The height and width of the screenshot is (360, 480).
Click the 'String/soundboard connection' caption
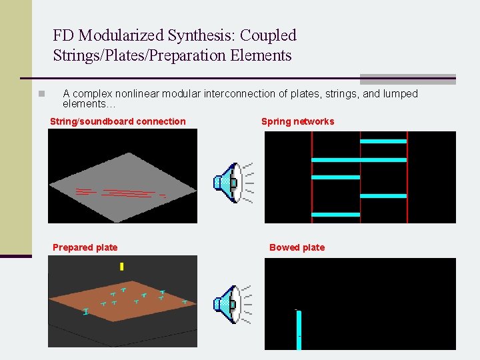pyautogui.click(x=118, y=121)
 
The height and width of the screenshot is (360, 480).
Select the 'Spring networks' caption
pyautogui.click(x=297, y=121)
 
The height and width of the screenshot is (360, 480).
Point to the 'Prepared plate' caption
pyautogui.click(x=85, y=247)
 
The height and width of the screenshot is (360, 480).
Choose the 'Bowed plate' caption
pyautogui.click(x=297, y=247)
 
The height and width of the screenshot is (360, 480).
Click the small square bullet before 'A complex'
pyautogui.click(x=41, y=94)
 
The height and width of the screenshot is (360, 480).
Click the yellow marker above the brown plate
pyautogui.click(x=121, y=267)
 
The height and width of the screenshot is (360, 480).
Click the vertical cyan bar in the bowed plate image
pyautogui.click(x=299, y=329)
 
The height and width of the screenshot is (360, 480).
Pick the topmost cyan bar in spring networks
pyautogui.click(x=383, y=141)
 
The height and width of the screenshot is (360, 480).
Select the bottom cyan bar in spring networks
pyautogui.click(x=335, y=215)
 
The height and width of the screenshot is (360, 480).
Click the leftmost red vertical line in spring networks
pyautogui.click(x=312, y=177)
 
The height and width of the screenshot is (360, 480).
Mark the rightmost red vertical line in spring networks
pyautogui.click(x=407, y=177)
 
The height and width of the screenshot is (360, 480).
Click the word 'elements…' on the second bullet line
pyautogui.click(x=88, y=104)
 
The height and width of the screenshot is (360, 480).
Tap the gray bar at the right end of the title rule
pyautogui.click(x=407, y=79)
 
